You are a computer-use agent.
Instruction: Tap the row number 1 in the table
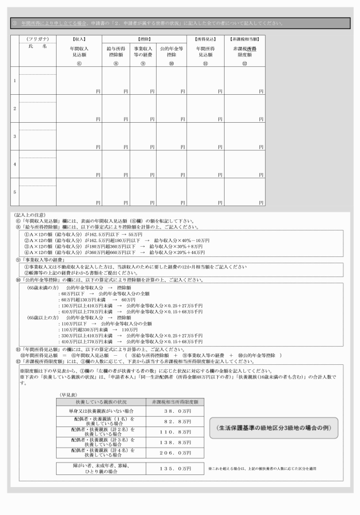pos(14,81)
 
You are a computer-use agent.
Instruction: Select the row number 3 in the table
pos(14,136)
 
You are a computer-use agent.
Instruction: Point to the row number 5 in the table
pos(14,192)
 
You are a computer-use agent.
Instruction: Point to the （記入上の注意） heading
pos(27,215)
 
